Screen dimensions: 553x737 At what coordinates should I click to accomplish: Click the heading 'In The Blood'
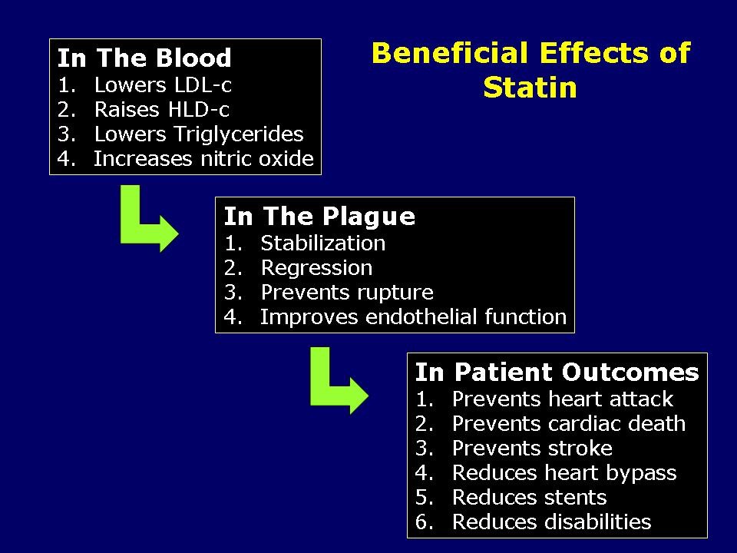[144, 58]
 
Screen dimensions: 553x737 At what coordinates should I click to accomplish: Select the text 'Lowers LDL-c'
[162, 85]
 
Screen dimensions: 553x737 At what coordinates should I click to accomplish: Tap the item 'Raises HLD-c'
[161, 110]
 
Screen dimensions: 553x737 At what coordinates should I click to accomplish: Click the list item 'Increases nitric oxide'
[203, 159]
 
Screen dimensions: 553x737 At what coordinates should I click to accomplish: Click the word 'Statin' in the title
[530, 88]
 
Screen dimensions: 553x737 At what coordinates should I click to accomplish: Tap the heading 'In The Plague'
[319, 217]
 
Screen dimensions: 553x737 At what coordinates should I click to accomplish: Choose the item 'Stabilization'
[322, 243]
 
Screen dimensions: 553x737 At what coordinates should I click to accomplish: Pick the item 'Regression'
[316, 268]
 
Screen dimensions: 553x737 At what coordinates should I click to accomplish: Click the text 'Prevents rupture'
[347, 293]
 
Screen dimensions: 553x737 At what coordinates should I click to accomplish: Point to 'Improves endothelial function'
[413, 317]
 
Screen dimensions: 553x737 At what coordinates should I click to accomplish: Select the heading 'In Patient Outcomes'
[557, 373]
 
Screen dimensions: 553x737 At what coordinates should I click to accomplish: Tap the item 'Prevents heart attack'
[562, 399]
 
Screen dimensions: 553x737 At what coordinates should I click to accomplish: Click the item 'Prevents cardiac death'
[568, 424]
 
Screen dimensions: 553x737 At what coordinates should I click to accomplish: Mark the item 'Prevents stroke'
[532, 449]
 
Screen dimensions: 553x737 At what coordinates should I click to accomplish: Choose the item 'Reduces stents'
[529, 498]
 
